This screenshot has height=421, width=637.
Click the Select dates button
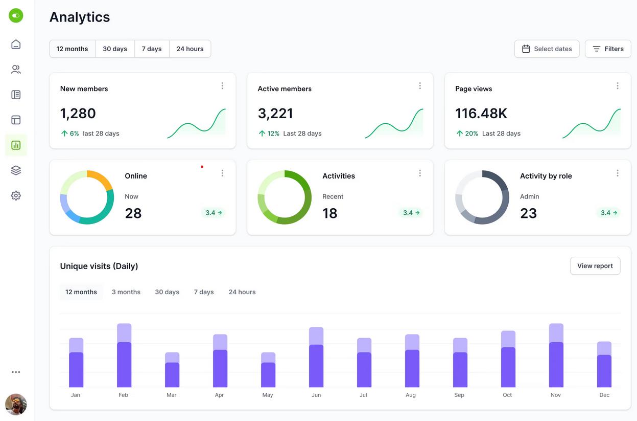547,49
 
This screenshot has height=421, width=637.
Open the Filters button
608,49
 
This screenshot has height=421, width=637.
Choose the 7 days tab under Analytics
152,49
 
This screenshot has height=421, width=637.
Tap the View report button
595,266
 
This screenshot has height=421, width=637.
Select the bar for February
124,355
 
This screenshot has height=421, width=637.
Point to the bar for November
556,355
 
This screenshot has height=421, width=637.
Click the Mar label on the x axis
172,395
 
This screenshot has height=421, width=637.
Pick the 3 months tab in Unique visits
126,292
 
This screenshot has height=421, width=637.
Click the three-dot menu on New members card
222,86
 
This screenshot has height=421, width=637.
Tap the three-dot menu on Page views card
618,86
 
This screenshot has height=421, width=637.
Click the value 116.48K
481,114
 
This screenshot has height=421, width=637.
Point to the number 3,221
275,114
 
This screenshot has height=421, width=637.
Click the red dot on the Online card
202,167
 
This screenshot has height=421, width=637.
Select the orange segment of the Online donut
101,178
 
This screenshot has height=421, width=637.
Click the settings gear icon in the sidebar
16,196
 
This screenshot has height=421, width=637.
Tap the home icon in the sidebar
16,44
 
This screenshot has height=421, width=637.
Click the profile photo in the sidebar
16,405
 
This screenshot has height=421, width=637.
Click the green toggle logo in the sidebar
16,15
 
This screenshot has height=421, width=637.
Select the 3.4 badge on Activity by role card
608,213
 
